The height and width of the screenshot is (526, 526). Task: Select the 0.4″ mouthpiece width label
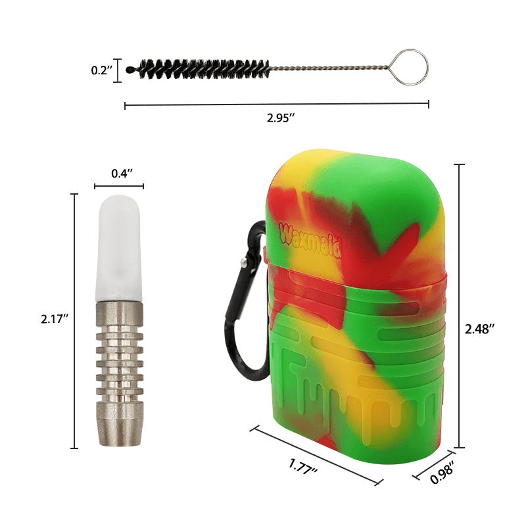click(122, 174)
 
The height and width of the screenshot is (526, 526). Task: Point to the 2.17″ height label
click(55, 319)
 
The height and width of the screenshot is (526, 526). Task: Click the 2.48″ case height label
click(478, 329)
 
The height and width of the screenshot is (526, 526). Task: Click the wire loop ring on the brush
click(413, 66)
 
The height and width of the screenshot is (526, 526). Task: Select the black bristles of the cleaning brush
click(197, 67)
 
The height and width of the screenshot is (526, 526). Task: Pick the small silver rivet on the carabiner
click(244, 263)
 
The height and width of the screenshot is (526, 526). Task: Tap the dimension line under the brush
click(276, 104)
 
